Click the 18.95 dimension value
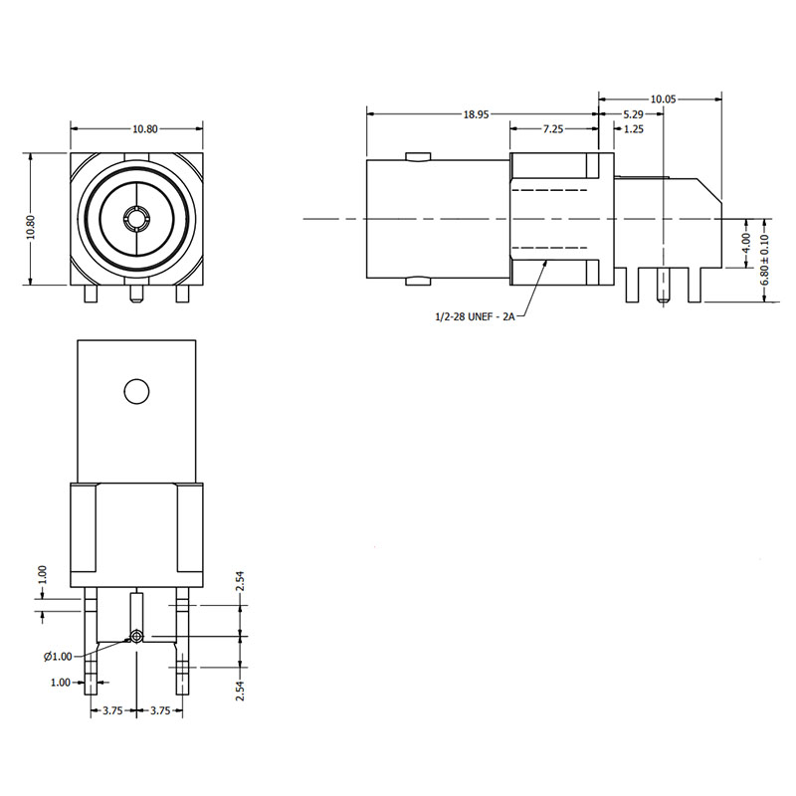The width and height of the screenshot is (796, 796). [x=476, y=114]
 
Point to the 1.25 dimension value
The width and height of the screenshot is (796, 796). [x=632, y=129]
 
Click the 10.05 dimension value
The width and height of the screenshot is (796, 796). [x=663, y=99]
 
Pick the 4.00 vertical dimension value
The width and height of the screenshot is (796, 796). [x=747, y=243]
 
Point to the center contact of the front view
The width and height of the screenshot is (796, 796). [x=134, y=217]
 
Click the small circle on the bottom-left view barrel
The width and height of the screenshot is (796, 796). [x=136, y=391]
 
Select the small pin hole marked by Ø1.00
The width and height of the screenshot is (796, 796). [x=135, y=636]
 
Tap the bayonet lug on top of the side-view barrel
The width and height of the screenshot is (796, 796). [x=418, y=156]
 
